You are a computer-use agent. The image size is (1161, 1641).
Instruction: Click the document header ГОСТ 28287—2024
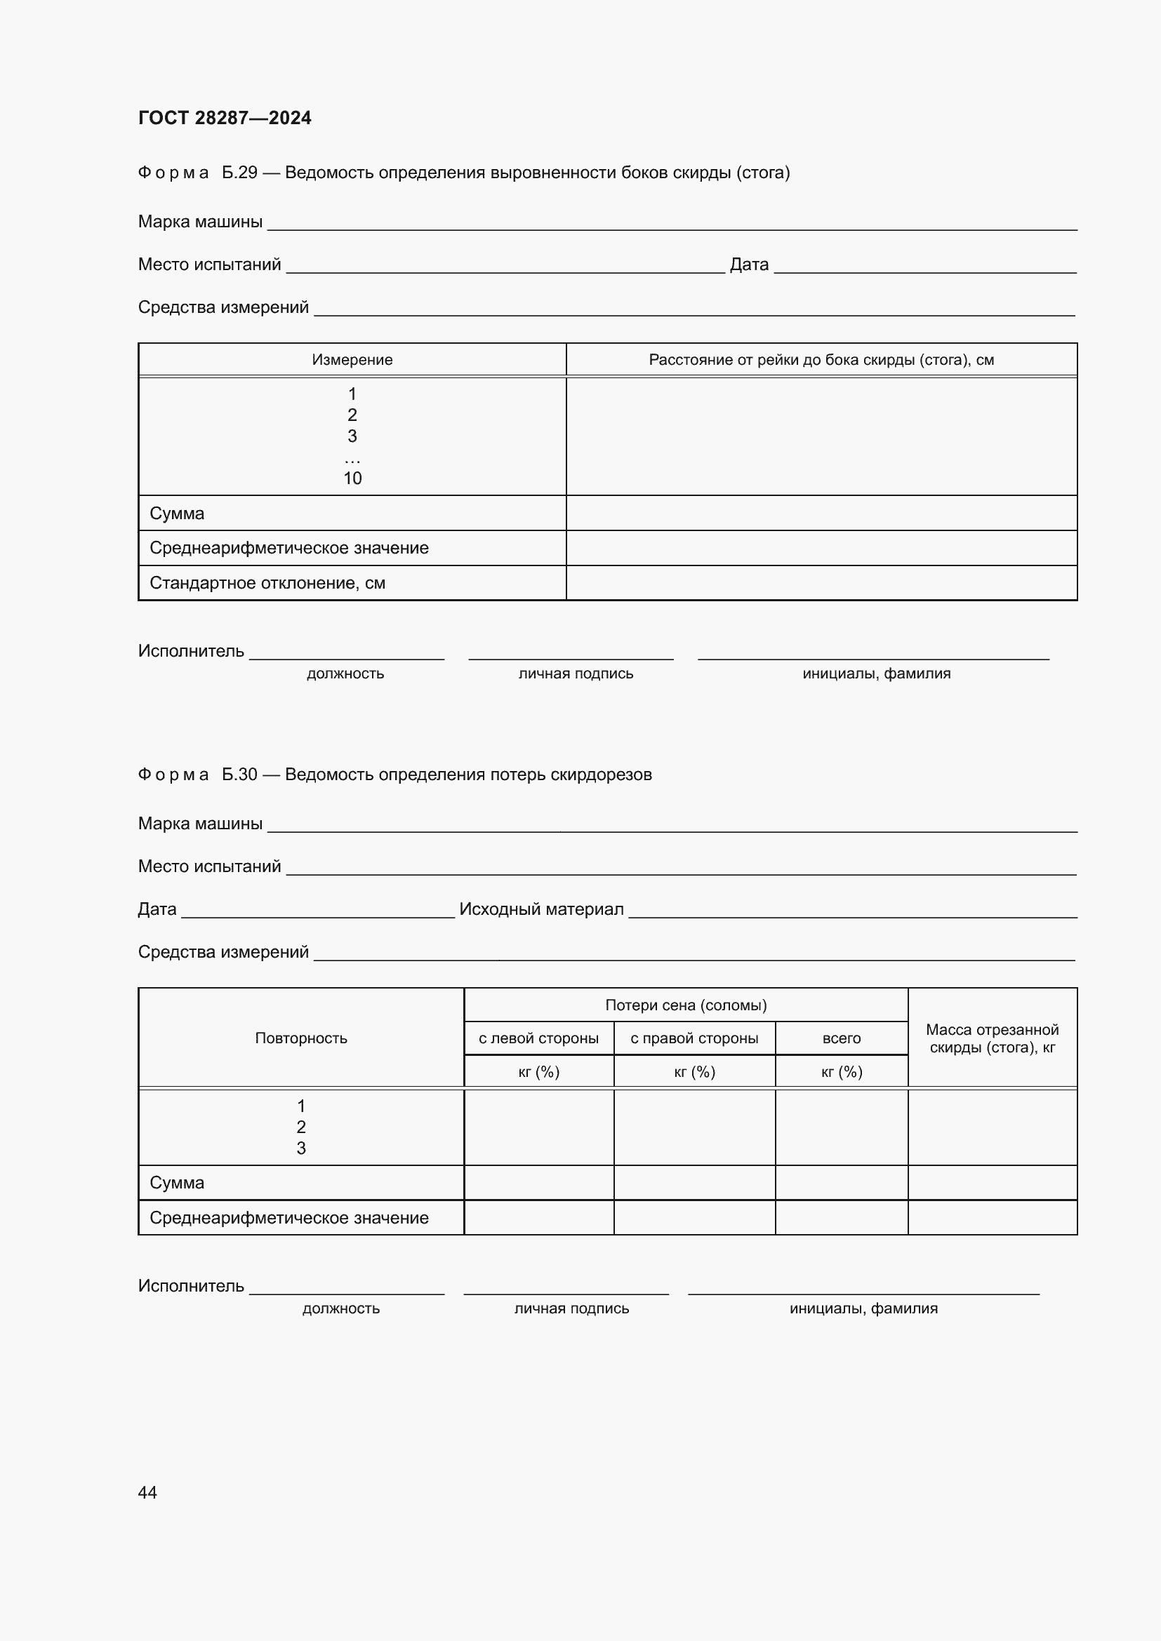[225, 118]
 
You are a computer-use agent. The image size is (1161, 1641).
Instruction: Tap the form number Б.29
[239, 173]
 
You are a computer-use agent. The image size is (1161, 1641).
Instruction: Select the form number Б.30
[239, 775]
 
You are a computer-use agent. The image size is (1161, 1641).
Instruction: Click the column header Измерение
[352, 359]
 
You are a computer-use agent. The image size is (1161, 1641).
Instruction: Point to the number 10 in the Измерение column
[352, 478]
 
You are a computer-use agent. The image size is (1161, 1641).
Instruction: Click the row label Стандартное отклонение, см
[267, 583]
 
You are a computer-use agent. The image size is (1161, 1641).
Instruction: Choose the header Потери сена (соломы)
[686, 1005]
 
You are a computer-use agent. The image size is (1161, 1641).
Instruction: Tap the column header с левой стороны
[538, 1038]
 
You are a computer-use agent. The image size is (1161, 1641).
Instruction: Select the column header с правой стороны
[694, 1038]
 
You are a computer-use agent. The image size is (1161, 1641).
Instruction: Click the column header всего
[842, 1038]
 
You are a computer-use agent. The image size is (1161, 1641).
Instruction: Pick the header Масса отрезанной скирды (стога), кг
[993, 1038]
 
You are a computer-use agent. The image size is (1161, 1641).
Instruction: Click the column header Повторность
[301, 1038]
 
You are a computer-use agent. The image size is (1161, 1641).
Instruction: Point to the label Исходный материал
[541, 909]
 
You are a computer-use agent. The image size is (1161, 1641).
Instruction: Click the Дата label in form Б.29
[749, 264]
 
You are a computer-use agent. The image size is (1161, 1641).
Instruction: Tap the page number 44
[147, 1492]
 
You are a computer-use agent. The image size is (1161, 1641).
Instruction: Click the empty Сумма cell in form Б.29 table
[821, 513]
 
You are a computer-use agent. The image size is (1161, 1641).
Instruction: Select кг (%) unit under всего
[842, 1072]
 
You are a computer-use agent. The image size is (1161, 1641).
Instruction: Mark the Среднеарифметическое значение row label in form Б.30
[288, 1218]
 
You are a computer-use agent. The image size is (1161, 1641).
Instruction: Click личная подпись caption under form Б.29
[576, 674]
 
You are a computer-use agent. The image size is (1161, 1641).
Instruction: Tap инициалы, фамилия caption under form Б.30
[863, 1308]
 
